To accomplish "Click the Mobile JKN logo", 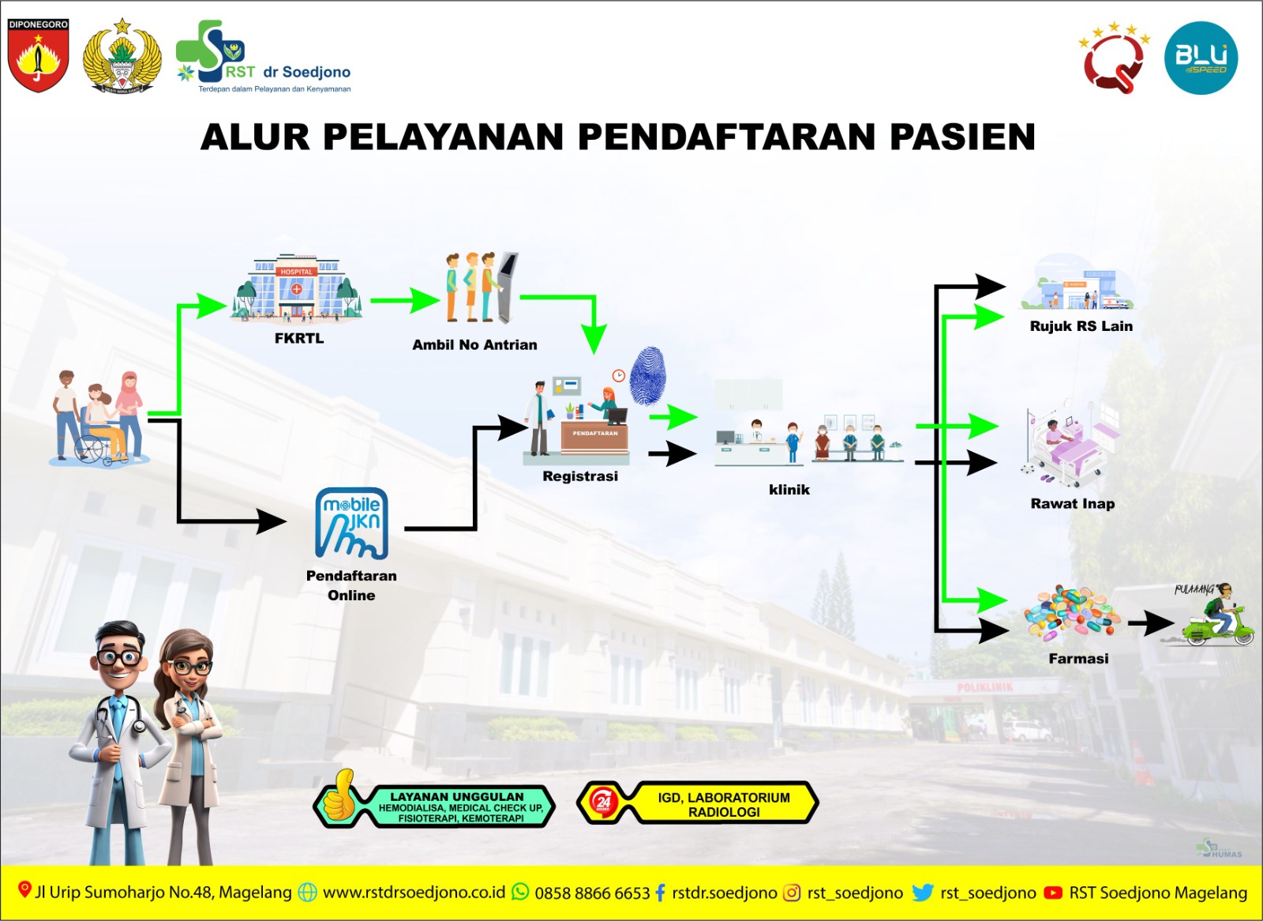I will [x=351, y=524].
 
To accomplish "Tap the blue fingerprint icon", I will [x=648, y=375].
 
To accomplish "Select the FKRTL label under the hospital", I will [x=299, y=338].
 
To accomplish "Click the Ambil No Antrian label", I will [x=474, y=344].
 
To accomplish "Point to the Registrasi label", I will [x=580, y=476].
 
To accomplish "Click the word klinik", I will [x=789, y=490].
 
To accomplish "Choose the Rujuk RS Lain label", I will [x=1081, y=326].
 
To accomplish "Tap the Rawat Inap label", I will [x=1073, y=504].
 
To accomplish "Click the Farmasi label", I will [x=1078, y=659].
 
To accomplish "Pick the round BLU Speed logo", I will [x=1201, y=58].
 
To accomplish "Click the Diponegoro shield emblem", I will [x=38, y=55].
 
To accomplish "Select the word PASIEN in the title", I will [x=962, y=137].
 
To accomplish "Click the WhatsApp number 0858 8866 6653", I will [x=592, y=893].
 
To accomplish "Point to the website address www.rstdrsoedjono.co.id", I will [x=414, y=893].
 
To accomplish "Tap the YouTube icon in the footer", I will [x=1052, y=893].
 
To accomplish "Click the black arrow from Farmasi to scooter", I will [x=1150, y=623].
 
